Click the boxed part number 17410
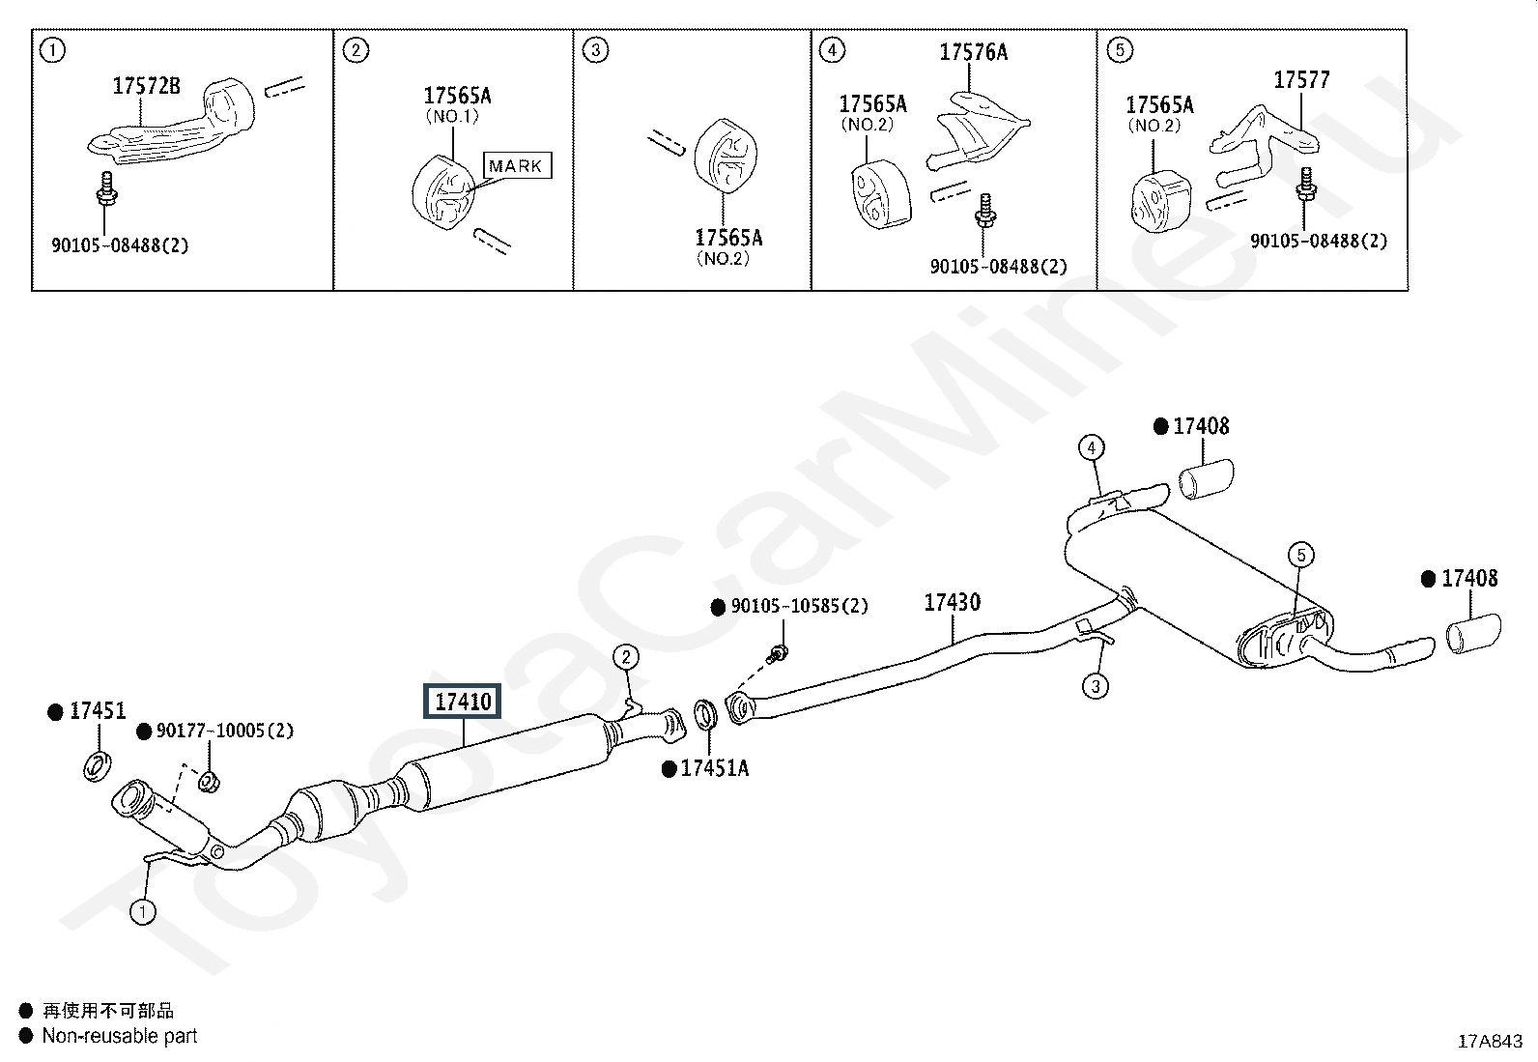coord(462,702)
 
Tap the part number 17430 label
coord(953,602)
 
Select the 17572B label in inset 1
coord(146,86)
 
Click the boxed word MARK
coord(516,165)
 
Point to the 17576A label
coord(974,52)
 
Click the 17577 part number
coord(1302,80)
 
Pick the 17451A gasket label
coord(715,768)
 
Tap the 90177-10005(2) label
coord(224,731)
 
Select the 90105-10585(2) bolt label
coord(799,606)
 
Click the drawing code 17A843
coord(1490,1042)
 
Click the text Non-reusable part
coord(120,1036)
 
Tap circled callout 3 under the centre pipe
coord(1096,685)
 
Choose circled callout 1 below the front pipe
coord(143,912)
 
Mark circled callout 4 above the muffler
coord(1092,447)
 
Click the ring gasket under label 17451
coord(98,766)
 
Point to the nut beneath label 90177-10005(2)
coord(208,782)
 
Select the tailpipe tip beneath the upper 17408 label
coord(1207,478)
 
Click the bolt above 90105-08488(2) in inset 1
coord(106,188)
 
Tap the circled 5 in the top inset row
coord(1120,50)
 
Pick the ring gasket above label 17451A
coord(706,714)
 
